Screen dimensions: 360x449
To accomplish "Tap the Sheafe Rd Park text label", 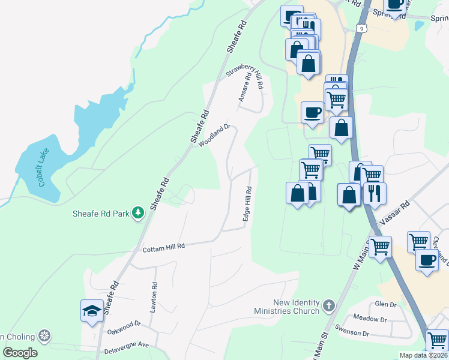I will tap(101, 212).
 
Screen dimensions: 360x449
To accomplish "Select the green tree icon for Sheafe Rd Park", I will tap(138, 212).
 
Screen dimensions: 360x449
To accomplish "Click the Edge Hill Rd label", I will tap(247, 204).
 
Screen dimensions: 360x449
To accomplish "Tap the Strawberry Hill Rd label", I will tap(246, 77).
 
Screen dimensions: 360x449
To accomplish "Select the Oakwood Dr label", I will tap(124, 328).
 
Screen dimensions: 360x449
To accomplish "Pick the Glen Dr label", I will tap(386, 305).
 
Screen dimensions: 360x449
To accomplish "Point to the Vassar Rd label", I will tap(397, 211).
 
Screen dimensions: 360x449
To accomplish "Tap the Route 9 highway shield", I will tap(360, 28).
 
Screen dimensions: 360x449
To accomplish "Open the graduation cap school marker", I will tap(92, 311).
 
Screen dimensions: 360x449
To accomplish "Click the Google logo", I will tap(20, 353).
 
